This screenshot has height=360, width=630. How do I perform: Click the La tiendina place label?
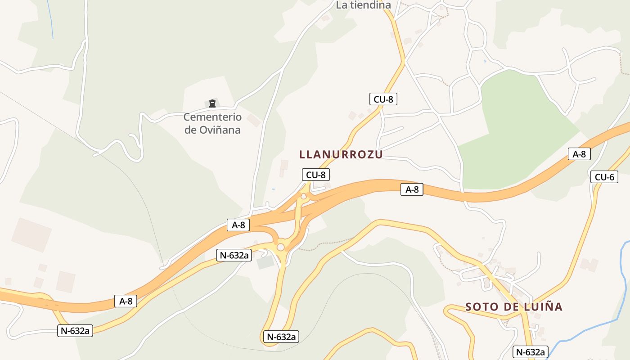(x=363, y=5)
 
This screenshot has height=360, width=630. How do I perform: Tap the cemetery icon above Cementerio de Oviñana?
(x=212, y=103)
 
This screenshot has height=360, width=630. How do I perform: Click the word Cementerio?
(x=212, y=117)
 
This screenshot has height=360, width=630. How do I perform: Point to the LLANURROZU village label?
(x=341, y=154)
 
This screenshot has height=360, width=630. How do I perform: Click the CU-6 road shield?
(x=604, y=177)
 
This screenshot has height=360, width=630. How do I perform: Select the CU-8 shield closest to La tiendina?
(x=383, y=99)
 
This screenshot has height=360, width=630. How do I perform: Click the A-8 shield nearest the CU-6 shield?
(x=579, y=154)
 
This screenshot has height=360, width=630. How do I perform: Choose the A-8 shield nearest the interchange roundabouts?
(x=238, y=225)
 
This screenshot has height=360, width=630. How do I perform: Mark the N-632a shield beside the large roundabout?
(x=234, y=255)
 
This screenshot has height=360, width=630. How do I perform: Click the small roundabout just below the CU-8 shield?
(x=304, y=196)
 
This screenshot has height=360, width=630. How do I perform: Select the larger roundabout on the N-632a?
(x=281, y=247)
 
